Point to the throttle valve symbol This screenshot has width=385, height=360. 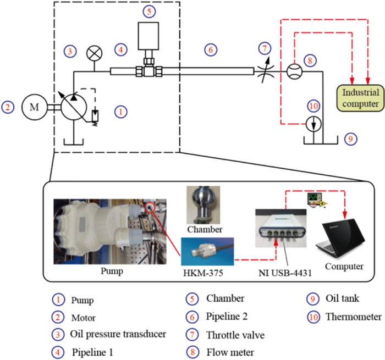click(266, 70)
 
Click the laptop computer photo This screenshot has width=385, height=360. click(340, 239)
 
